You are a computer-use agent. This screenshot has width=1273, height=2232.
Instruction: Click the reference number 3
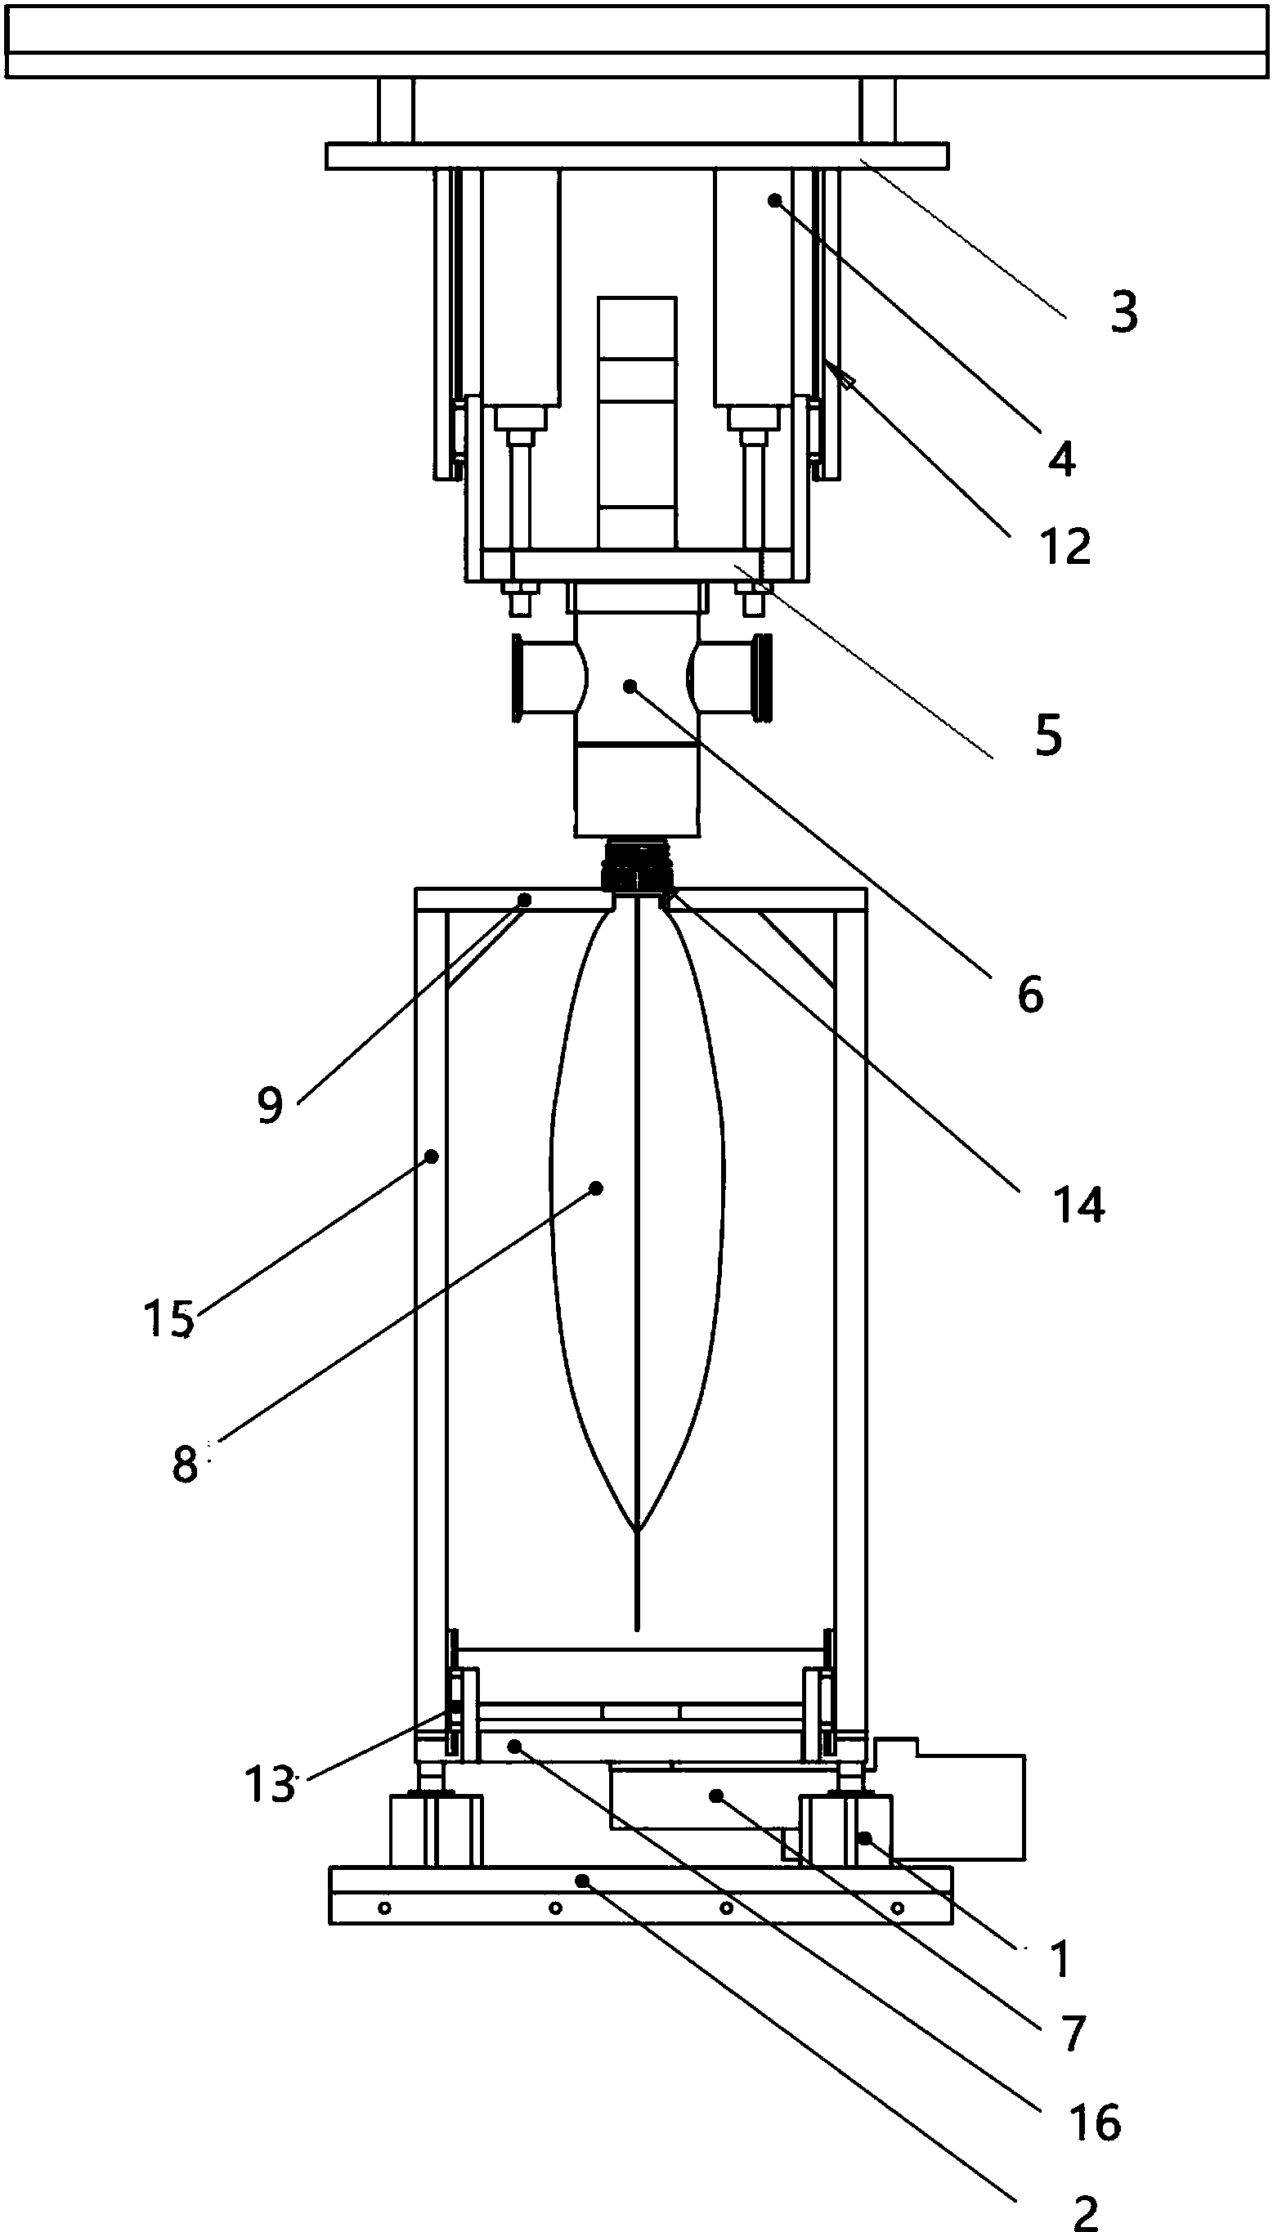click(1124, 313)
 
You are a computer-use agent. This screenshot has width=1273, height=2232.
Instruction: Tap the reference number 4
click(1061, 458)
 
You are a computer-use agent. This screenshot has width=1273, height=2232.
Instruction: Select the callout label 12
click(1066, 546)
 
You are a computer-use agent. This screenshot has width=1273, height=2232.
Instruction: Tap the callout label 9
click(270, 1106)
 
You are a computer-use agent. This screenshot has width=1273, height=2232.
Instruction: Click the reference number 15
click(168, 1318)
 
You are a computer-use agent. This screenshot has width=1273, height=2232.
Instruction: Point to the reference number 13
click(269, 1783)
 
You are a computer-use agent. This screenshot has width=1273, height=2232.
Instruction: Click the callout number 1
click(1060, 1958)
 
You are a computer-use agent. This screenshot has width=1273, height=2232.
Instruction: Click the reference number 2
click(1085, 2206)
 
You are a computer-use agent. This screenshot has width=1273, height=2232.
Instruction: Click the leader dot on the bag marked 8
click(596, 1188)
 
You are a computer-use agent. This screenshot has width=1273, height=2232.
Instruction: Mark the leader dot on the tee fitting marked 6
click(629, 687)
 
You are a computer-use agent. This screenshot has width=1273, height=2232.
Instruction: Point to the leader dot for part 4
click(773, 201)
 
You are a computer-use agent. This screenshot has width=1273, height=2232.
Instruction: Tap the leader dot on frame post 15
click(431, 1156)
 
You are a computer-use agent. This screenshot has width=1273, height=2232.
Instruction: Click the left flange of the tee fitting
click(518, 680)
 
